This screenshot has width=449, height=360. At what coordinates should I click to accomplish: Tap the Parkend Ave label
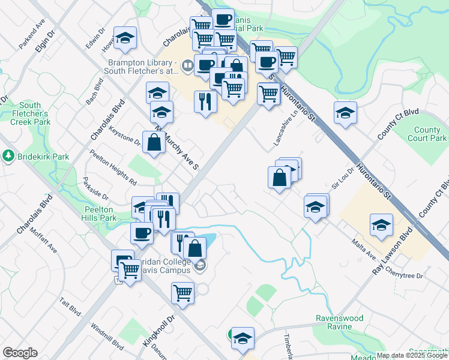[32, 37]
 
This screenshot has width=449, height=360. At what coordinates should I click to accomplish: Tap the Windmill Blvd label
[107, 337]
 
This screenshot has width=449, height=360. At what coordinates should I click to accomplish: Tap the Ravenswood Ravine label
[340, 323]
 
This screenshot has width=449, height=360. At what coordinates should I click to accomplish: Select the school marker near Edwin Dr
[125, 38]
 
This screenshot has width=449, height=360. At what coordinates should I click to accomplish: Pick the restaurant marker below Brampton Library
[205, 100]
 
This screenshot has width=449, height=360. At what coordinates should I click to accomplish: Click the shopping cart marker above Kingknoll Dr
[182, 294]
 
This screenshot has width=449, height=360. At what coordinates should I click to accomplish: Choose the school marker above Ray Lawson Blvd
[381, 226]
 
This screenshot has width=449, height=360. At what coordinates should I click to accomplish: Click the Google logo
[20, 353]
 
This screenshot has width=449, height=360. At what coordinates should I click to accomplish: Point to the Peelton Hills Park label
[100, 214]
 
